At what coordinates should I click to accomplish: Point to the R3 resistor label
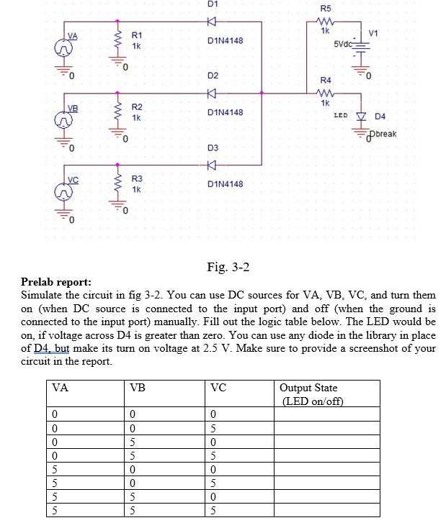137,178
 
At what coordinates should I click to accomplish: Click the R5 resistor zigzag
325,22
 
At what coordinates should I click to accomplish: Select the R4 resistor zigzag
325,93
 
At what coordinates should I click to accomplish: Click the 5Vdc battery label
344,45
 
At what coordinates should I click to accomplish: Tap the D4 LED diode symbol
361,116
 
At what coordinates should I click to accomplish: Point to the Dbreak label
383,134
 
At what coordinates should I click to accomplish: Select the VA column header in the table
61,388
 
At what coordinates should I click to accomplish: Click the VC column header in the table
218,388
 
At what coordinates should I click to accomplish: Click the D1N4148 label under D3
225,184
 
